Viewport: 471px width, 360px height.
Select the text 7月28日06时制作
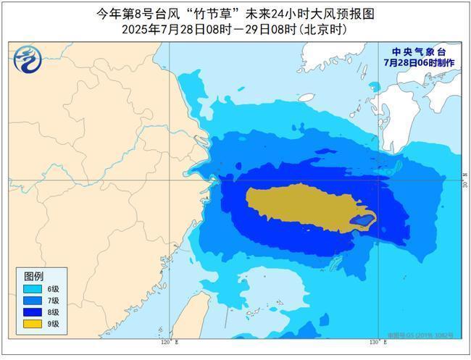pyautogui.click(x=420, y=63)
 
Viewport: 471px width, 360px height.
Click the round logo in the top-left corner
pyautogui.click(x=27, y=58)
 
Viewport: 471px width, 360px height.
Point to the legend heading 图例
pyautogui.click(x=34, y=277)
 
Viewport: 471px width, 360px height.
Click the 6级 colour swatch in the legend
pyautogui.click(x=33, y=288)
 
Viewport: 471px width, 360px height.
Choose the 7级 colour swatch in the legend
pyautogui.click(x=33, y=300)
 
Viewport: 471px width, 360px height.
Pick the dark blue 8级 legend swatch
pyautogui.click(x=33, y=311)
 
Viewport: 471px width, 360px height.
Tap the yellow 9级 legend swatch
pyautogui.click(x=33, y=323)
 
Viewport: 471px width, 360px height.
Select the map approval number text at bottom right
pyautogui.click(x=430, y=335)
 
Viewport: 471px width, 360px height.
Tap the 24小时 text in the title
pyautogui.click(x=296, y=13)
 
